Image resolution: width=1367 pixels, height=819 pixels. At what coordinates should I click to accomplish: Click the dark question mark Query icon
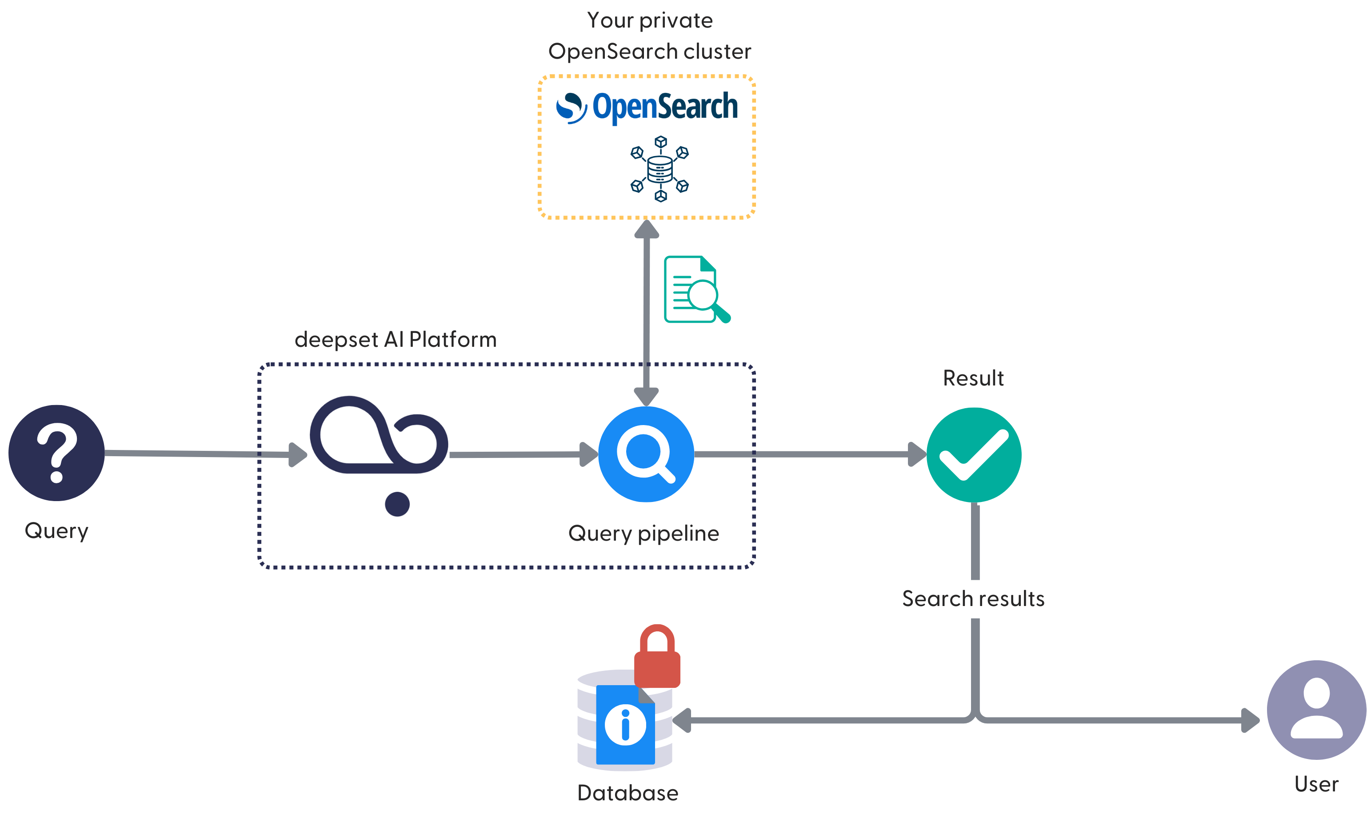coord(56,453)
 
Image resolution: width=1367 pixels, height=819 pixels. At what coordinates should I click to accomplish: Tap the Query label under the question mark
coord(56,530)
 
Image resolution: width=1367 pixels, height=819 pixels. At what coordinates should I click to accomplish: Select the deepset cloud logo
coord(379,436)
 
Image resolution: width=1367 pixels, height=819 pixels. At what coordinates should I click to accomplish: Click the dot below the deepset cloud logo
coord(397,503)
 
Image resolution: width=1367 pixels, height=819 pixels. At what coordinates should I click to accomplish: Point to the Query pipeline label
coord(644,533)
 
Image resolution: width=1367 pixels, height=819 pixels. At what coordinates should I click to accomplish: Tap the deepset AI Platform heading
coord(396,339)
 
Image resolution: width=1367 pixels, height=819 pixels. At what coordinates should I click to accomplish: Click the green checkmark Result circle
coord(973,455)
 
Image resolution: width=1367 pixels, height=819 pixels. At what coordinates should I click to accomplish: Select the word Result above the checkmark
coord(973,378)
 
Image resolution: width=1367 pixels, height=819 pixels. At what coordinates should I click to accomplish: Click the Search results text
coord(973,598)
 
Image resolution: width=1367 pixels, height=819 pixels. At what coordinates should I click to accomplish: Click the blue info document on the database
coord(625,725)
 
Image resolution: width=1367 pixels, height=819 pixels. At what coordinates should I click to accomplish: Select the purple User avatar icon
coord(1316,709)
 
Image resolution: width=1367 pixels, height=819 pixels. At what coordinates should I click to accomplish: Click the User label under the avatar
coord(1316,784)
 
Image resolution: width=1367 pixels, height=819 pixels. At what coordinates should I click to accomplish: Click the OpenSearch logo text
coord(664,107)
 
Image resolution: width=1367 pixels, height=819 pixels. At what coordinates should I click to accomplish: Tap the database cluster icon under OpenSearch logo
coord(660,169)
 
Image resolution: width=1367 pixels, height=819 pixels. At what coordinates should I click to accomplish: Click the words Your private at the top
coord(650,20)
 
